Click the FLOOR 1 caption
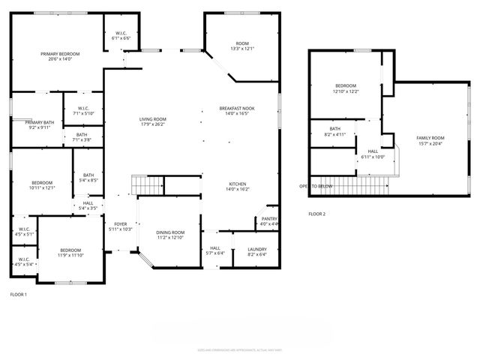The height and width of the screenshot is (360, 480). pyautogui.click(x=18, y=295)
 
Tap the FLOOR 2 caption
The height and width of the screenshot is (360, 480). pyautogui.click(x=317, y=214)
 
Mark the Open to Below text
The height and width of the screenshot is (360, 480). pyautogui.click(x=316, y=186)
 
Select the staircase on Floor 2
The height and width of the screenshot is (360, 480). pyautogui.click(x=360, y=184)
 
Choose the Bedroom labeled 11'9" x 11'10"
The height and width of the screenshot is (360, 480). pyautogui.click(x=70, y=253)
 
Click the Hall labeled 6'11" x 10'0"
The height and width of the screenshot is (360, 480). pyautogui.click(x=372, y=154)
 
